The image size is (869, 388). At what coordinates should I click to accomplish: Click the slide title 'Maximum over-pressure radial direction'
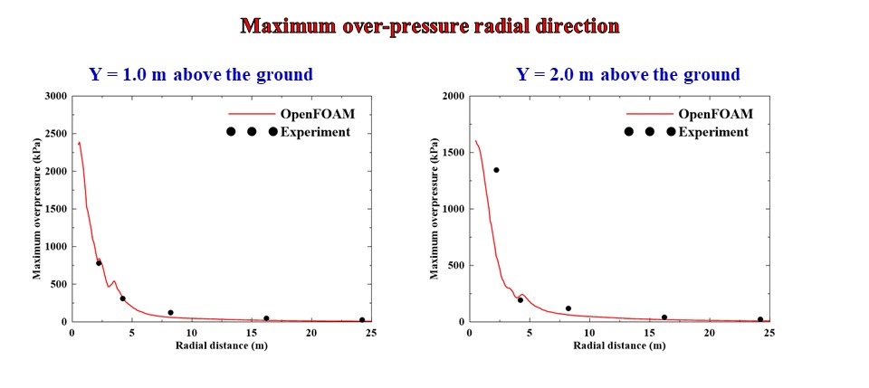[430, 25]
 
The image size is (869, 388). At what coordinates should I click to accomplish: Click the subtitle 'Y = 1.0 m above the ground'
[200, 75]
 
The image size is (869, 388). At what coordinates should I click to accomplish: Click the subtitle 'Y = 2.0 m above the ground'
[628, 75]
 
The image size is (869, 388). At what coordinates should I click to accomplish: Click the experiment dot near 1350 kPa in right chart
[496, 170]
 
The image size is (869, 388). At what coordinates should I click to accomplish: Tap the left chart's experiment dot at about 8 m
[170, 313]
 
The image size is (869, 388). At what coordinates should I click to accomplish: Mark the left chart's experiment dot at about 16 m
[266, 318]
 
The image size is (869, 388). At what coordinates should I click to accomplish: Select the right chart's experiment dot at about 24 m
[760, 319]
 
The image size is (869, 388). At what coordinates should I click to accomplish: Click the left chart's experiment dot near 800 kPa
[99, 263]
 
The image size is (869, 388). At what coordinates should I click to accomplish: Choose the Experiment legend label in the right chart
[713, 132]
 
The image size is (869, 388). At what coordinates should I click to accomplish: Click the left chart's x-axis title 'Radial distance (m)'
[222, 345]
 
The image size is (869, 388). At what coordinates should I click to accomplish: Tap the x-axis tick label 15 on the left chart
[252, 332]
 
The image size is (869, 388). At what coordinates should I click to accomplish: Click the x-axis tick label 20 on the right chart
[709, 332]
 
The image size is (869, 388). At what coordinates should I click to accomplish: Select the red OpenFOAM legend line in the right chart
[650, 115]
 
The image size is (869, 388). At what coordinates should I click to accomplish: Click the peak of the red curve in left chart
[79, 142]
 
